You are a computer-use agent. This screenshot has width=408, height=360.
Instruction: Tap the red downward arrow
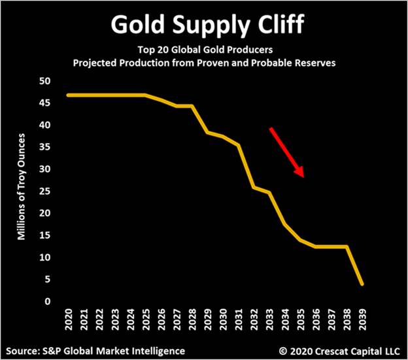pos(286,152)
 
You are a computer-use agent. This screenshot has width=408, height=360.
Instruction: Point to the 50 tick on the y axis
pos(45,81)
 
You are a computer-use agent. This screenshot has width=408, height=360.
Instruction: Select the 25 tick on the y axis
pos(45,191)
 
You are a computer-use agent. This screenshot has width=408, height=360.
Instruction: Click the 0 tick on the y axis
pos(48,301)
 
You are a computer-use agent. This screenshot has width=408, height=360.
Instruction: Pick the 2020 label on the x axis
pos(68,318)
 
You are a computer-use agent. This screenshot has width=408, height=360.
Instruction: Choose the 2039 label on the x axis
pos(362,318)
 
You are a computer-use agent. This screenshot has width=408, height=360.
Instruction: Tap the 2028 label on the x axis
pos(192,318)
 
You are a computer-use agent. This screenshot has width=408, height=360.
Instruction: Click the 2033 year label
pos(269,318)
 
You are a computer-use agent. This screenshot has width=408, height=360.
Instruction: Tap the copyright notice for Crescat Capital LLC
pos(338,350)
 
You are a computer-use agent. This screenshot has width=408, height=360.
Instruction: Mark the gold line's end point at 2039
pos(362,284)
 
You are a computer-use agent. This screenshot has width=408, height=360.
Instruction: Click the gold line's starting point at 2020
pos(68,95)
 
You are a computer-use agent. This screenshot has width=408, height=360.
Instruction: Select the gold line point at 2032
pos(254,188)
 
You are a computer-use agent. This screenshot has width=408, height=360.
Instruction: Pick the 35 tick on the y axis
pos(45,147)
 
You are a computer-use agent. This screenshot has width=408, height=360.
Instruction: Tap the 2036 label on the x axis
pos(316,318)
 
